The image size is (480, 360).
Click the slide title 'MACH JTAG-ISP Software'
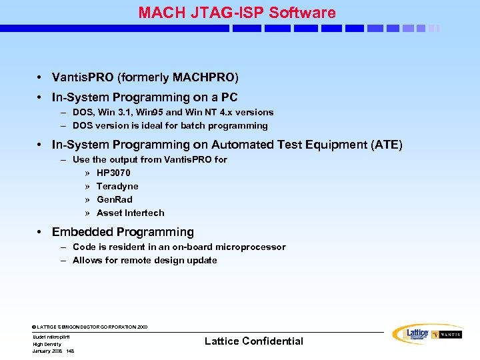click(x=237, y=12)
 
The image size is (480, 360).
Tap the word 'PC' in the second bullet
click(x=229, y=97)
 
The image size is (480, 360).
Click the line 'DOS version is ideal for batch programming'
click(x=170, y=125)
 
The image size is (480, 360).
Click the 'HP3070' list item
click(x=113, y=173)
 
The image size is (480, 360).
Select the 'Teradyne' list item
click(x=117, y=186)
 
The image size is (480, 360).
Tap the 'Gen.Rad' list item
click(x=115, y=199)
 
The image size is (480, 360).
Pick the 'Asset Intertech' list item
click(x=130, y=213)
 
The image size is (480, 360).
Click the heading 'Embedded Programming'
click(x=123, y=232)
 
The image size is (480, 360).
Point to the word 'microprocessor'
click(x=250, y=247)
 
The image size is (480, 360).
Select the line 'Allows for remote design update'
click(x=145, y=260)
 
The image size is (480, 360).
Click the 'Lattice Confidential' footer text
click(x=253, y=341)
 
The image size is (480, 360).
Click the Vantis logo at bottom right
click(x=446, y=335)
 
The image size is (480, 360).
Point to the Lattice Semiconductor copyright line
click(x=90, y=327)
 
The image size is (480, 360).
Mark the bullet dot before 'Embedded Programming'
click(x=40, y=233)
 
